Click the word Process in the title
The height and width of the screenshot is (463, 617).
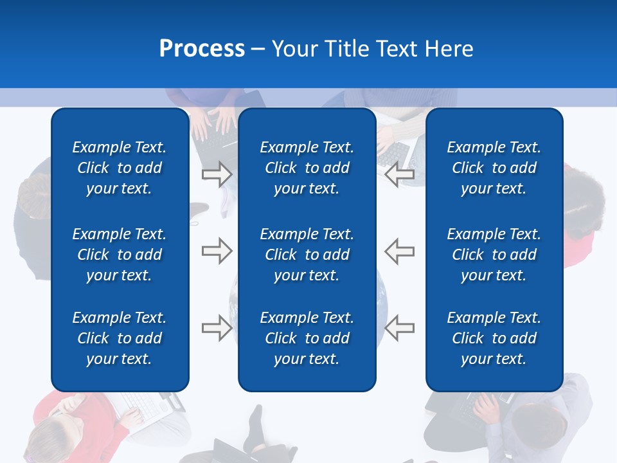pos(202,49)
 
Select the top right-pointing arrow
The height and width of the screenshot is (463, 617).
pos(217,174)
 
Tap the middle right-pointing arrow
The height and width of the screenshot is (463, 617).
pos(217,251)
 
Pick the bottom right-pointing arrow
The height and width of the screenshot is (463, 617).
pos(217,328)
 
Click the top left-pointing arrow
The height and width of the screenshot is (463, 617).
pos(400,174)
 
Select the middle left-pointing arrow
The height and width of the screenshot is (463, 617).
pos(400,251)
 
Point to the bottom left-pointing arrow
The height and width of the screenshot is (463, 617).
pos(400,328)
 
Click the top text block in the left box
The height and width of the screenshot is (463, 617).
pos(120,168)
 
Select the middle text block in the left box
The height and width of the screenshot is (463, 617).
pos(120,255)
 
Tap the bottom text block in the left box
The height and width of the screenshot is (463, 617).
pos(120,338)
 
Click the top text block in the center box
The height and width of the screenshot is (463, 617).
pos(307,168)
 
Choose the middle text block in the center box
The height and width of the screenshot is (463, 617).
pos(307,255)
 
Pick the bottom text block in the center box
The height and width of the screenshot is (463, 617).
pos(307,338)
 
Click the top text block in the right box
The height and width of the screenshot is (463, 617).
pos(494,168)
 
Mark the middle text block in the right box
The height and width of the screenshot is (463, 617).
pos(494,255)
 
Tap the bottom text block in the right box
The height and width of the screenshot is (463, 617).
pos(494,338)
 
